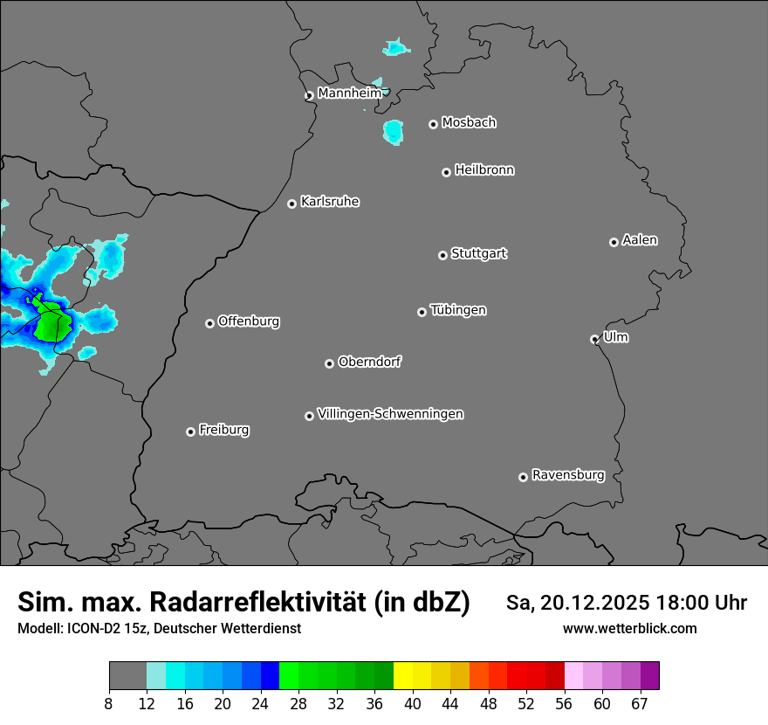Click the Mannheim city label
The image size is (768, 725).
[349, 93]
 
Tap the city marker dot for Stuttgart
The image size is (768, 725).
[442, 255]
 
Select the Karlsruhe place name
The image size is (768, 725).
[330, 202]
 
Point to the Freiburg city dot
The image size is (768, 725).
[190, 432]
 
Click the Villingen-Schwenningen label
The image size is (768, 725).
[390, 414]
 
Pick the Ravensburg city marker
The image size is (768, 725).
[523, 477]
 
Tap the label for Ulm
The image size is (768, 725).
[615, 337]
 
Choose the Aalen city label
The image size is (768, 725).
[640, 240]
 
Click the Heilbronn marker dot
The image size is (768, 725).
[446, 172]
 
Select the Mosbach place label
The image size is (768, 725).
[469, 123]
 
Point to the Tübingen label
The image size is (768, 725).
[458, 310]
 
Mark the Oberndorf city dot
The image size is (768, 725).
[329, 363]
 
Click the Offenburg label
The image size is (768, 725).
[249, 321]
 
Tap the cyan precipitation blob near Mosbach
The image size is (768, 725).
[393, 132]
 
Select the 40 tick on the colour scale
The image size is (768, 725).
[412, 704]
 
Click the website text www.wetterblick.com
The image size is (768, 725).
[629, 628]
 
